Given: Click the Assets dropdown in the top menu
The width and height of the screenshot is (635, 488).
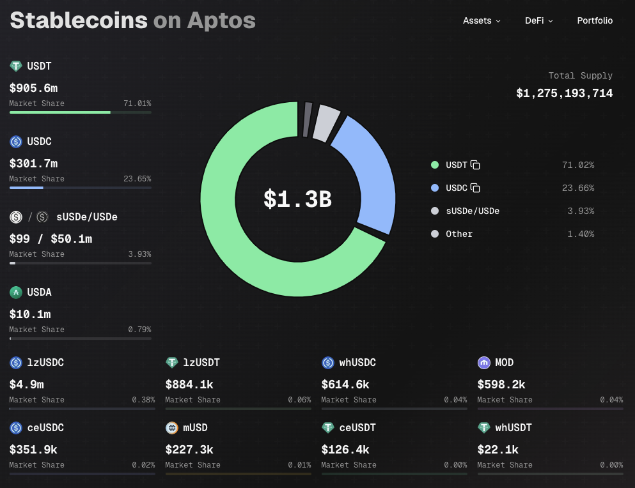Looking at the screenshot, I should (481, 20).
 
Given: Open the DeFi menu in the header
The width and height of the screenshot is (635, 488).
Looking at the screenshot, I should (538, 20).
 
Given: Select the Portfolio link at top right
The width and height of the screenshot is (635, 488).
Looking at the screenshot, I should (595, 20).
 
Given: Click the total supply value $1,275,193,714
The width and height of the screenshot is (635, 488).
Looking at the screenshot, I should (564, 93).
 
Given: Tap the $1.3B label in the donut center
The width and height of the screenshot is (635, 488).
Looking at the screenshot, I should (297, 199).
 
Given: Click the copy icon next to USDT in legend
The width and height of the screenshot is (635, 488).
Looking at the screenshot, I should (475, 165).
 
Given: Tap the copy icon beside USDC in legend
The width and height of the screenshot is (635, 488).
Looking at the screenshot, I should (475, 188).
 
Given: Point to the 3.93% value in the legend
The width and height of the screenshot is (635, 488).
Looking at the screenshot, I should (580, 211).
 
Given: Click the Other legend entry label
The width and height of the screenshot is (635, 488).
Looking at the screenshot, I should (459, 234).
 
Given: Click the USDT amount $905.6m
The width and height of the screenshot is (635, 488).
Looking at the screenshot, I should (33, 88).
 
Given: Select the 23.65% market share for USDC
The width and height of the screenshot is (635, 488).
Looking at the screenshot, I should (137, 179).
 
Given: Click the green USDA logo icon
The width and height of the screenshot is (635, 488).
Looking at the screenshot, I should (16, 293).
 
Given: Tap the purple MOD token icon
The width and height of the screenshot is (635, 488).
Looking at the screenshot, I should (484, 363).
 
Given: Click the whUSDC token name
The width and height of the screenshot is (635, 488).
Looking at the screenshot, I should (357, 363).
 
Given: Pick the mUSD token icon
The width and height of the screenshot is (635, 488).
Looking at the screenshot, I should (171, 428).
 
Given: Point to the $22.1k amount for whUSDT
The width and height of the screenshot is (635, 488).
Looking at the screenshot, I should (498, 450).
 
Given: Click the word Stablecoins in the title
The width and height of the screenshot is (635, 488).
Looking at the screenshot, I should (79, 20).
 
